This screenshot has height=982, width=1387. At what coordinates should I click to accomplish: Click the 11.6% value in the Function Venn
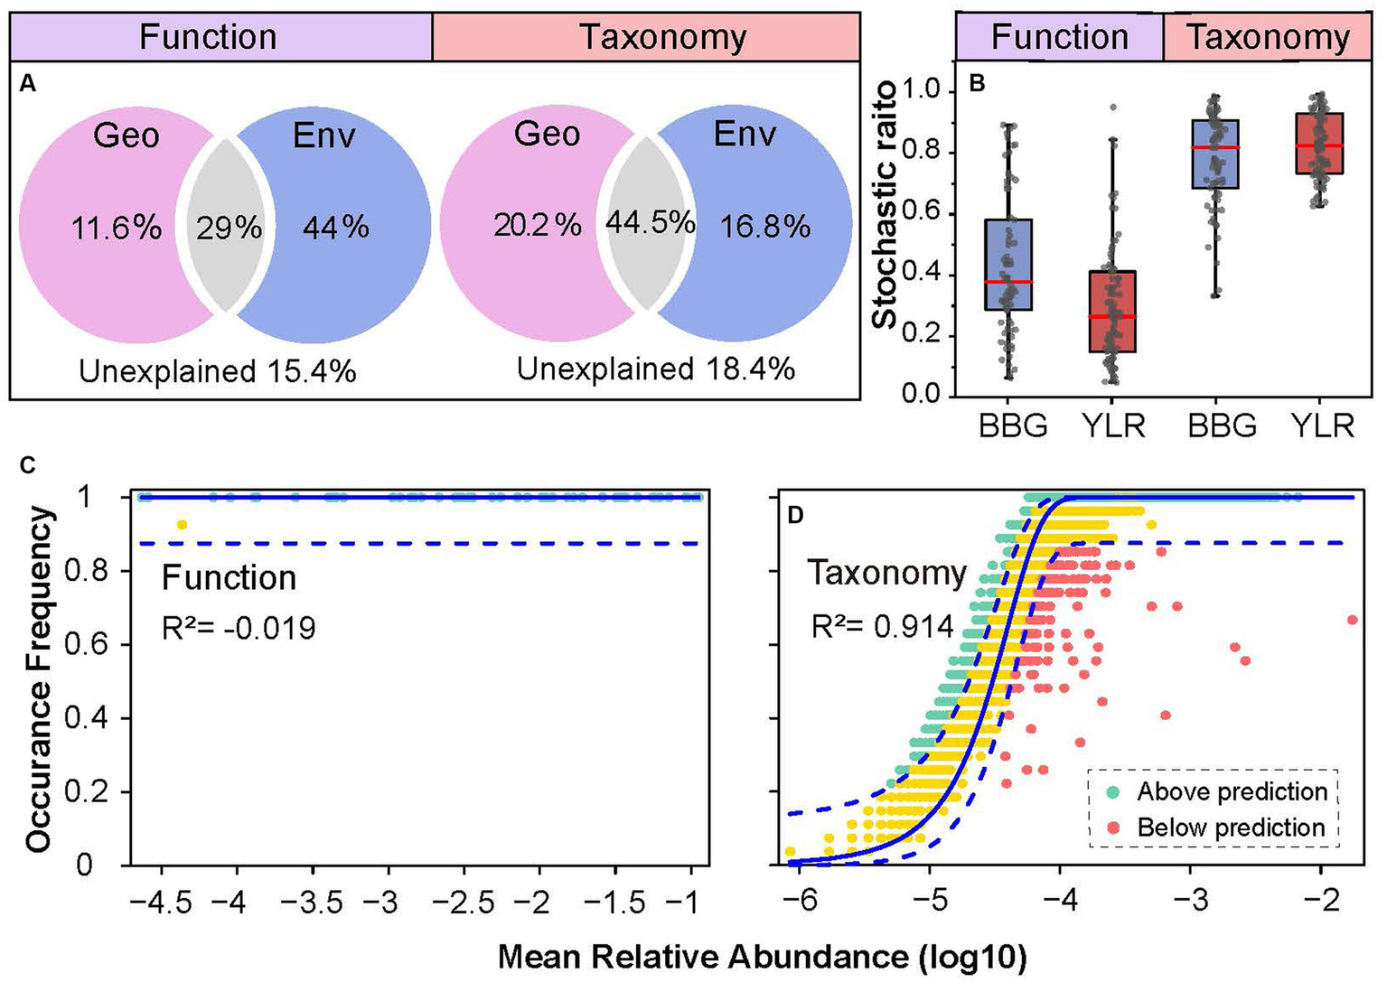pyautogui.click(x=117, y=227)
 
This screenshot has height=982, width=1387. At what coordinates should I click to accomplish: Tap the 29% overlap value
pyautogui.click(x=230, y=227)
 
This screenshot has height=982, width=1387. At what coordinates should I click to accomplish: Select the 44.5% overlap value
pyautogui.click(x=650, y=222)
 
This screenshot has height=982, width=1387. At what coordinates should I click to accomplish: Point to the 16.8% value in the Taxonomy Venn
pyautogui.click(x=764, y=226)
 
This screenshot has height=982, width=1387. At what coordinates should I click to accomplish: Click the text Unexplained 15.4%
pyautogui.click(x=218, y=370)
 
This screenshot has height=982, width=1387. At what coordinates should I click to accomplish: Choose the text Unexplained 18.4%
pyautogui.click(x=656, y=369)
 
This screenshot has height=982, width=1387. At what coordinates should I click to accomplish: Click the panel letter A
pyautogui.click(x=28, y=84)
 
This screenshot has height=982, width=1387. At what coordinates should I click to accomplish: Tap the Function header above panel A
pyautogui.click(x=208, y=37)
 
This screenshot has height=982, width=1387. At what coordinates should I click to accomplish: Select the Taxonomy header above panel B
pyautogui.click(x=1268, y=37)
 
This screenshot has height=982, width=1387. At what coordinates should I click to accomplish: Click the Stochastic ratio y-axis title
pyautogui.click(x=886, y=204)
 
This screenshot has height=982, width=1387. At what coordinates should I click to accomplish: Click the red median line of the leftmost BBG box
pyautogui.click(x=1008, y=282)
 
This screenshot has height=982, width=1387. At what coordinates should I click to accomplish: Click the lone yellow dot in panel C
pyautogui.click(x=182, y=524)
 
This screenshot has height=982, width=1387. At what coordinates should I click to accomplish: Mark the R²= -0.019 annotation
pyautogui.click(x=239, y=627)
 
